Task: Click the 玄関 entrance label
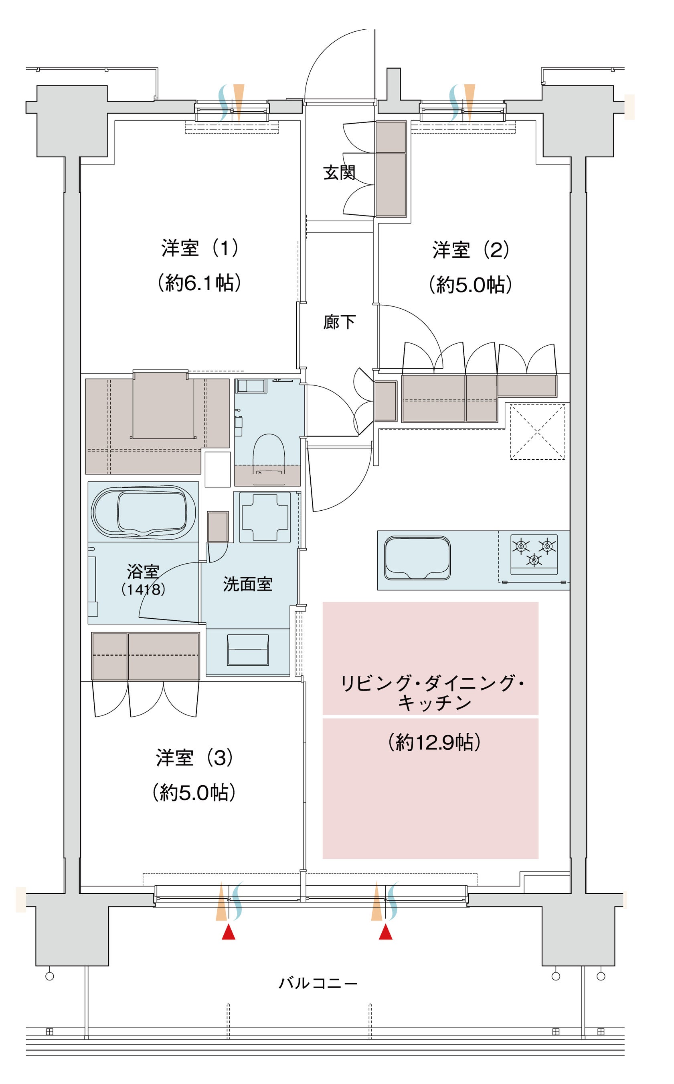[339, 173]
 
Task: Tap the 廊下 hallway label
[339, 322]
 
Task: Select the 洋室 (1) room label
[200, 248]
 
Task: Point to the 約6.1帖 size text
[200, 283]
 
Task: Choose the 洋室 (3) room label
[194, 758]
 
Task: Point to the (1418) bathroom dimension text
[143, 589]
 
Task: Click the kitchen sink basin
[417, 558]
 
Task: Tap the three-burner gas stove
[534, 555]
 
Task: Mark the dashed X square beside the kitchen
[538, 432]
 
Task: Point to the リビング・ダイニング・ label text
[432, 683]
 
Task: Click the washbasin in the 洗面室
[248, 650]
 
